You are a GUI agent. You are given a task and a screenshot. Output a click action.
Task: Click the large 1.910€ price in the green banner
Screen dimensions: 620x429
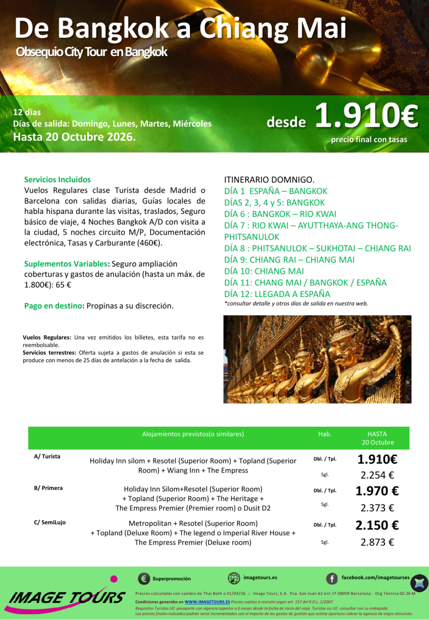[366, 117]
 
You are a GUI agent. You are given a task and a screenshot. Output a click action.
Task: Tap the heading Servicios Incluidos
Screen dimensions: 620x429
[58, 180]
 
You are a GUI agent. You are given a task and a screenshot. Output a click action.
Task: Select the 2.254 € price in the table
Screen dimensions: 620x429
[377, 475]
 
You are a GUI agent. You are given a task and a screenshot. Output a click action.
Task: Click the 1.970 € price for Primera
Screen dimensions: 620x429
[377, 491]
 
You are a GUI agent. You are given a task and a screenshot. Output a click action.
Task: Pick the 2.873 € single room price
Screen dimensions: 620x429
[377, 542]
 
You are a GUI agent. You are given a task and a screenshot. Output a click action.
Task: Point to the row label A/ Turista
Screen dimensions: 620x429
[47, 457]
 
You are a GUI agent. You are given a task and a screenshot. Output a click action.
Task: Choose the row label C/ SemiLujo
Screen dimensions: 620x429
[49, 523]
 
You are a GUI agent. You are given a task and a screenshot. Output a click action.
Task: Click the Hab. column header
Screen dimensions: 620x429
[325, 434]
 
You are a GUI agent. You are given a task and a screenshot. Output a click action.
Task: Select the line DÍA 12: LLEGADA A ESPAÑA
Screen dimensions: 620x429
[277, 294]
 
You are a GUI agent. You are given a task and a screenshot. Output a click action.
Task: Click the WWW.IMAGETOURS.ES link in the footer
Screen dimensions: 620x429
[207, 602]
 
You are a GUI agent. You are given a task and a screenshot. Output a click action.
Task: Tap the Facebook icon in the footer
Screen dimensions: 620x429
[332, 578]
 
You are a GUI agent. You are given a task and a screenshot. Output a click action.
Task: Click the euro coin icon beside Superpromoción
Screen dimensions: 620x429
[143, 579]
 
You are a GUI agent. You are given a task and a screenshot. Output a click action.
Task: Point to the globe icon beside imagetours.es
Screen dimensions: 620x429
[234, 578]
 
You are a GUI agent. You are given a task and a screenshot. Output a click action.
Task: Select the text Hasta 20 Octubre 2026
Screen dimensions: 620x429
[74, 136]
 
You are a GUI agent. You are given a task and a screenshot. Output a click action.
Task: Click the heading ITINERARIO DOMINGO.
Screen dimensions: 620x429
[269, 180]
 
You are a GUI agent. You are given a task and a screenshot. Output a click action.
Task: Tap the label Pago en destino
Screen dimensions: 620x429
[54, 306]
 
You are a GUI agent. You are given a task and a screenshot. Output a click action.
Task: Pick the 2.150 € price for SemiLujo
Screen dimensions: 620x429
[377, 526]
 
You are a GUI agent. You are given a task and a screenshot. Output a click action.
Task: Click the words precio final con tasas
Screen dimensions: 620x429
[369, 140]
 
